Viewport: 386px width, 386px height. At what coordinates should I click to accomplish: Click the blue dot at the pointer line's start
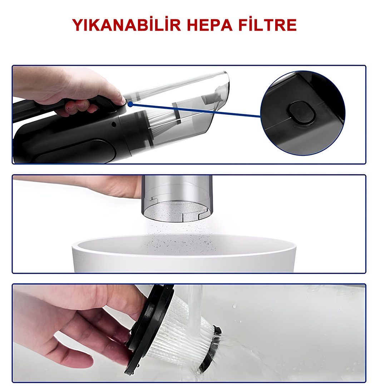(130, 104)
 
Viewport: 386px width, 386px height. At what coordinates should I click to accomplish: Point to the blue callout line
(197, 110)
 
